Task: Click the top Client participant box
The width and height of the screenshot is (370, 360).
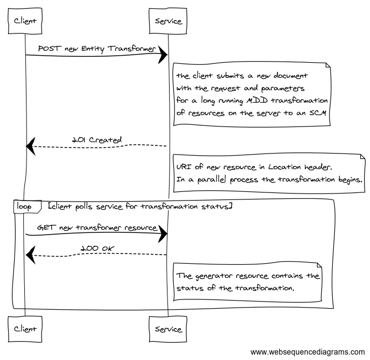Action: pyautogui.click(x=25, y=21)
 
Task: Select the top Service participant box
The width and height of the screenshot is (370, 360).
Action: pyautogui.click(x=168, y=21)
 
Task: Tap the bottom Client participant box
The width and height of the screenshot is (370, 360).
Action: pyautogui.click(x=25, y=328)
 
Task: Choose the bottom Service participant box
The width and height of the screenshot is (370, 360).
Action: pyautogui.click(x=168, y=328)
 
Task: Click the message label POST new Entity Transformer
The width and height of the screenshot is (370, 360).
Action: pyautogui.click(x=96, y=49)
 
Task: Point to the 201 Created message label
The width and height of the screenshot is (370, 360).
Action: pyautogui.click(x=97, y=139)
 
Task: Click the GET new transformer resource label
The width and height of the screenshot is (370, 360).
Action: pyautogui.click(x=97, y=228)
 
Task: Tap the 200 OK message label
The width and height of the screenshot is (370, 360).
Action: pyautogui.click(x=97, y=248)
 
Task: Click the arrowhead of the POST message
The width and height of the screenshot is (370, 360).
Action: pyautogui.click(x=163, y=55)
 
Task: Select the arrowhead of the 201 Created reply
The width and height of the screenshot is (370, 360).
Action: pyautogui.click(x=31, y=145)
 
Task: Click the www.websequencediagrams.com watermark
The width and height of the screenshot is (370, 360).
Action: pyautogui.click(x=307, y=352)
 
